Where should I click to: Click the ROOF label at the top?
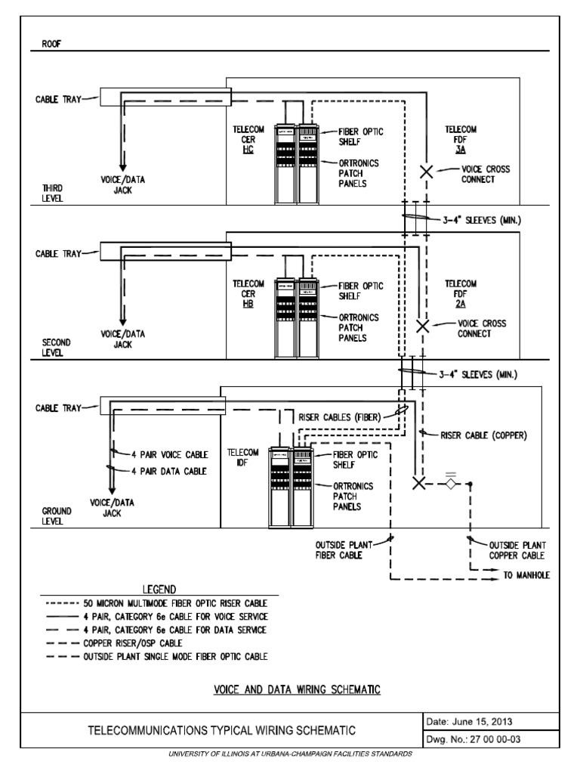tap(42, 44)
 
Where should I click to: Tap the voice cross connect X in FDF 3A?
tap(426, 172)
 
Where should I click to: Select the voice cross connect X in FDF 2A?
tap(423, 327)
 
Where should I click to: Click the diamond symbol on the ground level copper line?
tap(450, 484)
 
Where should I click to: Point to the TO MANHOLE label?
tap(526, 575)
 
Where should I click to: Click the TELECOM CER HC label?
tap(248, 140)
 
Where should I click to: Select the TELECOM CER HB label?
tap(248, 293)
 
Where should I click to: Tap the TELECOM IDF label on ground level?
tap(243, 457)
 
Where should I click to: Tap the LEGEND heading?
tap(159, 589)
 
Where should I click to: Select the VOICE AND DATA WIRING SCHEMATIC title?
tap(295, 689)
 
